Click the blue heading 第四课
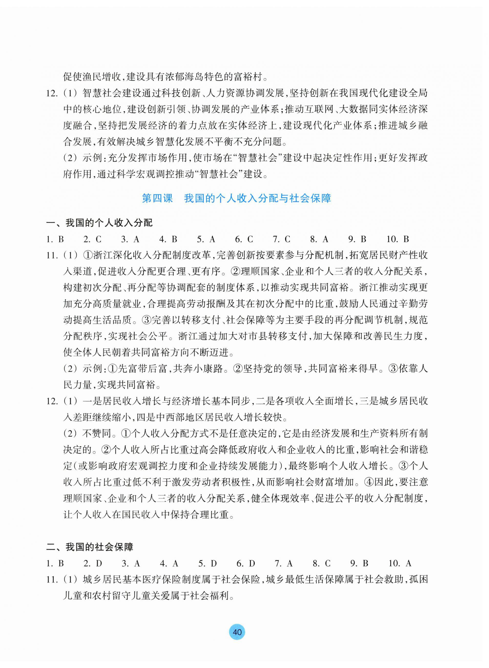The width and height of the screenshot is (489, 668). [x=157, y=198]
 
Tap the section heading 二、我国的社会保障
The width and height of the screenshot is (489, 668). [x=90, y=547]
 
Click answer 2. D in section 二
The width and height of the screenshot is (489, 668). [x=92, y=563]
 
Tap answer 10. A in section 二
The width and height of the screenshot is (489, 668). [x=400, y=563]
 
